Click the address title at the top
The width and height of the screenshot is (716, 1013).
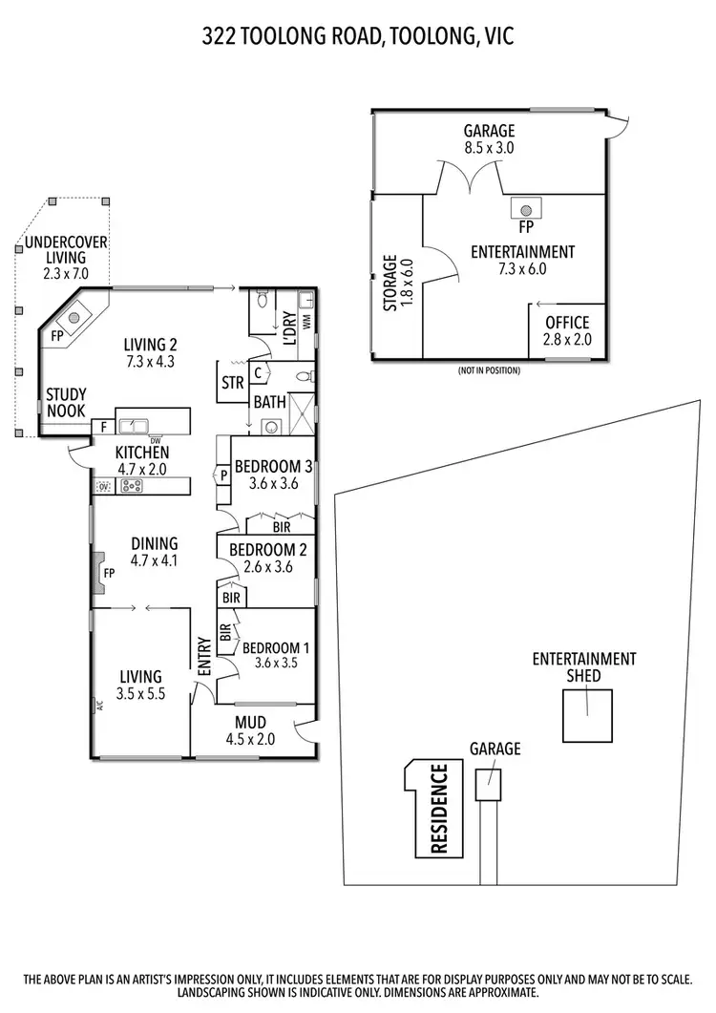[x=358, y=37]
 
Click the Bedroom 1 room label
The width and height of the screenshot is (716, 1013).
[x=278, y=646]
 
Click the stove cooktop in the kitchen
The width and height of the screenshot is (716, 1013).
[x=131, y=486]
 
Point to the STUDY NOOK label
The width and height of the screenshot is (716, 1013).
[x=66, y=402]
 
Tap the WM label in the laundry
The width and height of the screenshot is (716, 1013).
[x=306, y=322]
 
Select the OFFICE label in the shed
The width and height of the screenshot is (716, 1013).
[x=567, y=323]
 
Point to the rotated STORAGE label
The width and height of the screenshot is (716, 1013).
[x=390, y=284]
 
